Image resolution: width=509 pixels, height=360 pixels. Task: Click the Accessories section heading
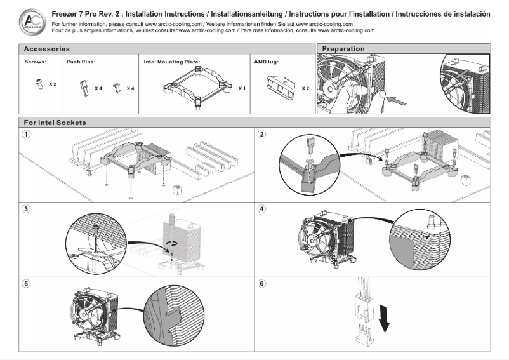point(47,49)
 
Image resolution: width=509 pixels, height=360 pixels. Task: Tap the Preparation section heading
point(343,49)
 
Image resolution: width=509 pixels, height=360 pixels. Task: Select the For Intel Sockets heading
point(55,122)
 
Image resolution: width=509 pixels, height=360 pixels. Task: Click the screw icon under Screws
point(39,83)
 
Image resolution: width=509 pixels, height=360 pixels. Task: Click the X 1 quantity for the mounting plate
point(242,88)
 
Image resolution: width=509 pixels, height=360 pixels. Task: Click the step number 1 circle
point(26,135)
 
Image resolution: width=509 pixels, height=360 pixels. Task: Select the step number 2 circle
point(262,135)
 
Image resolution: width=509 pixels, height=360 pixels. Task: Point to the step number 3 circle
point(26,209)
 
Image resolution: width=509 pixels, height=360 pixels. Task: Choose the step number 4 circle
point(262,209)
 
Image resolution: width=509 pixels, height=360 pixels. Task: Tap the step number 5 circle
point(26,283)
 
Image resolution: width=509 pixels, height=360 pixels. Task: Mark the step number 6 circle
point(262,283)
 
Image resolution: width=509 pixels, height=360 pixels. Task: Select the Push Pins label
point(81,62)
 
